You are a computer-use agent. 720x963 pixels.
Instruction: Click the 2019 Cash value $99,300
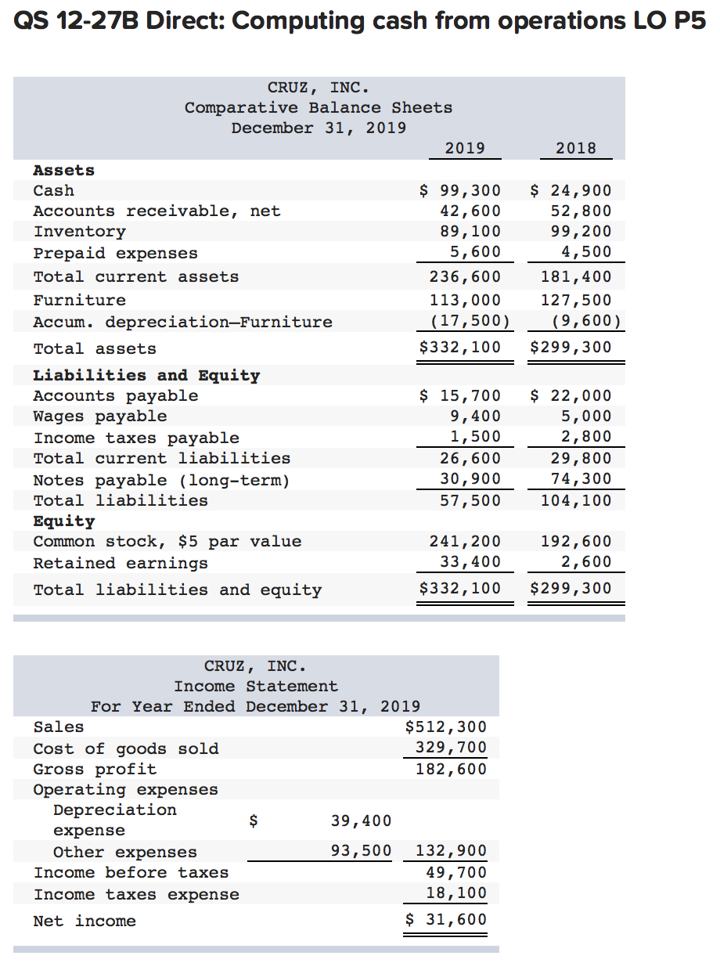(460, 190)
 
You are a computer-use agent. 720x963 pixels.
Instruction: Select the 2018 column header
(576, 148)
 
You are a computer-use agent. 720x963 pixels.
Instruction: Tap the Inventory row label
(79, 232)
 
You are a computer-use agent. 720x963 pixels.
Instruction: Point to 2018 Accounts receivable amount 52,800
(581, 211)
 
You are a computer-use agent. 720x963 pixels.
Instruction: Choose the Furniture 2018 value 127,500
(576, 300)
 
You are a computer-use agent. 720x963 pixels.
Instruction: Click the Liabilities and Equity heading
(146, 375)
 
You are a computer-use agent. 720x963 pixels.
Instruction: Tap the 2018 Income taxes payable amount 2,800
(586, 437)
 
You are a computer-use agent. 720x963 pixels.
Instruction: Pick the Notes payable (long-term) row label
(161, 480)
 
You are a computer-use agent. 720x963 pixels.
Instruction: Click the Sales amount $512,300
(446, 727)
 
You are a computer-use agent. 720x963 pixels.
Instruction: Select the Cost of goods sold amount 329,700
(451, 748)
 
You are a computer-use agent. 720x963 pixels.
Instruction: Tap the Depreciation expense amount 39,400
(361, 821)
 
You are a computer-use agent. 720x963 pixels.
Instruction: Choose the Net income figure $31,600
(446, 920)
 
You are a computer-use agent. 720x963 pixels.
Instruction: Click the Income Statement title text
(256, 687)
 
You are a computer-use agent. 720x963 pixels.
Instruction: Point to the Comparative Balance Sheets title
(319, 107)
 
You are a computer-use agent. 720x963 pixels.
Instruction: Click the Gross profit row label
(95, 769)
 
